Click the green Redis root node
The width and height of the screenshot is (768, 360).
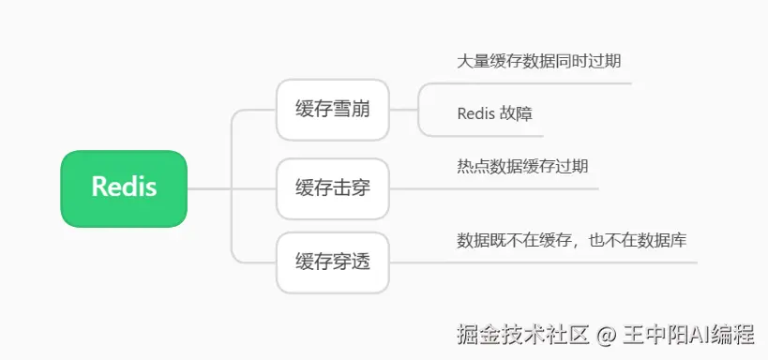coord(124,188)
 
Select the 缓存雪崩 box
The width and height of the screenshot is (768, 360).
coord(333,110)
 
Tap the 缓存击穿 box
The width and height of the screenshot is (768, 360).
coord(333,188)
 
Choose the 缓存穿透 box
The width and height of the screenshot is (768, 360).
coord(333,262)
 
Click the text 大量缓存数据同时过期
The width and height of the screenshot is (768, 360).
coord(539,61)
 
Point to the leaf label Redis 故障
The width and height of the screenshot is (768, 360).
coord(495,113)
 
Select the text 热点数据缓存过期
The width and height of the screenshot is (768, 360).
coord(522,167)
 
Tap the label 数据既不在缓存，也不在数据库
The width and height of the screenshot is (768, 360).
coord(572,241)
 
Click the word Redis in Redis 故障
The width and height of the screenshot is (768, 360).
coord(475,113)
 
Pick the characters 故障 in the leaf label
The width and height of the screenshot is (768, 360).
coord(517,113)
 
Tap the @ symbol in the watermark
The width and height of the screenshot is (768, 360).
coord(606,336)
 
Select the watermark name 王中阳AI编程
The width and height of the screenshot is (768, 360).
coord(688,335)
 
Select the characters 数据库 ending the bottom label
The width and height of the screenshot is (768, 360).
coord(662,241)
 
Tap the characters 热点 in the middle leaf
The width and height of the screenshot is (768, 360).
coord(474,167)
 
